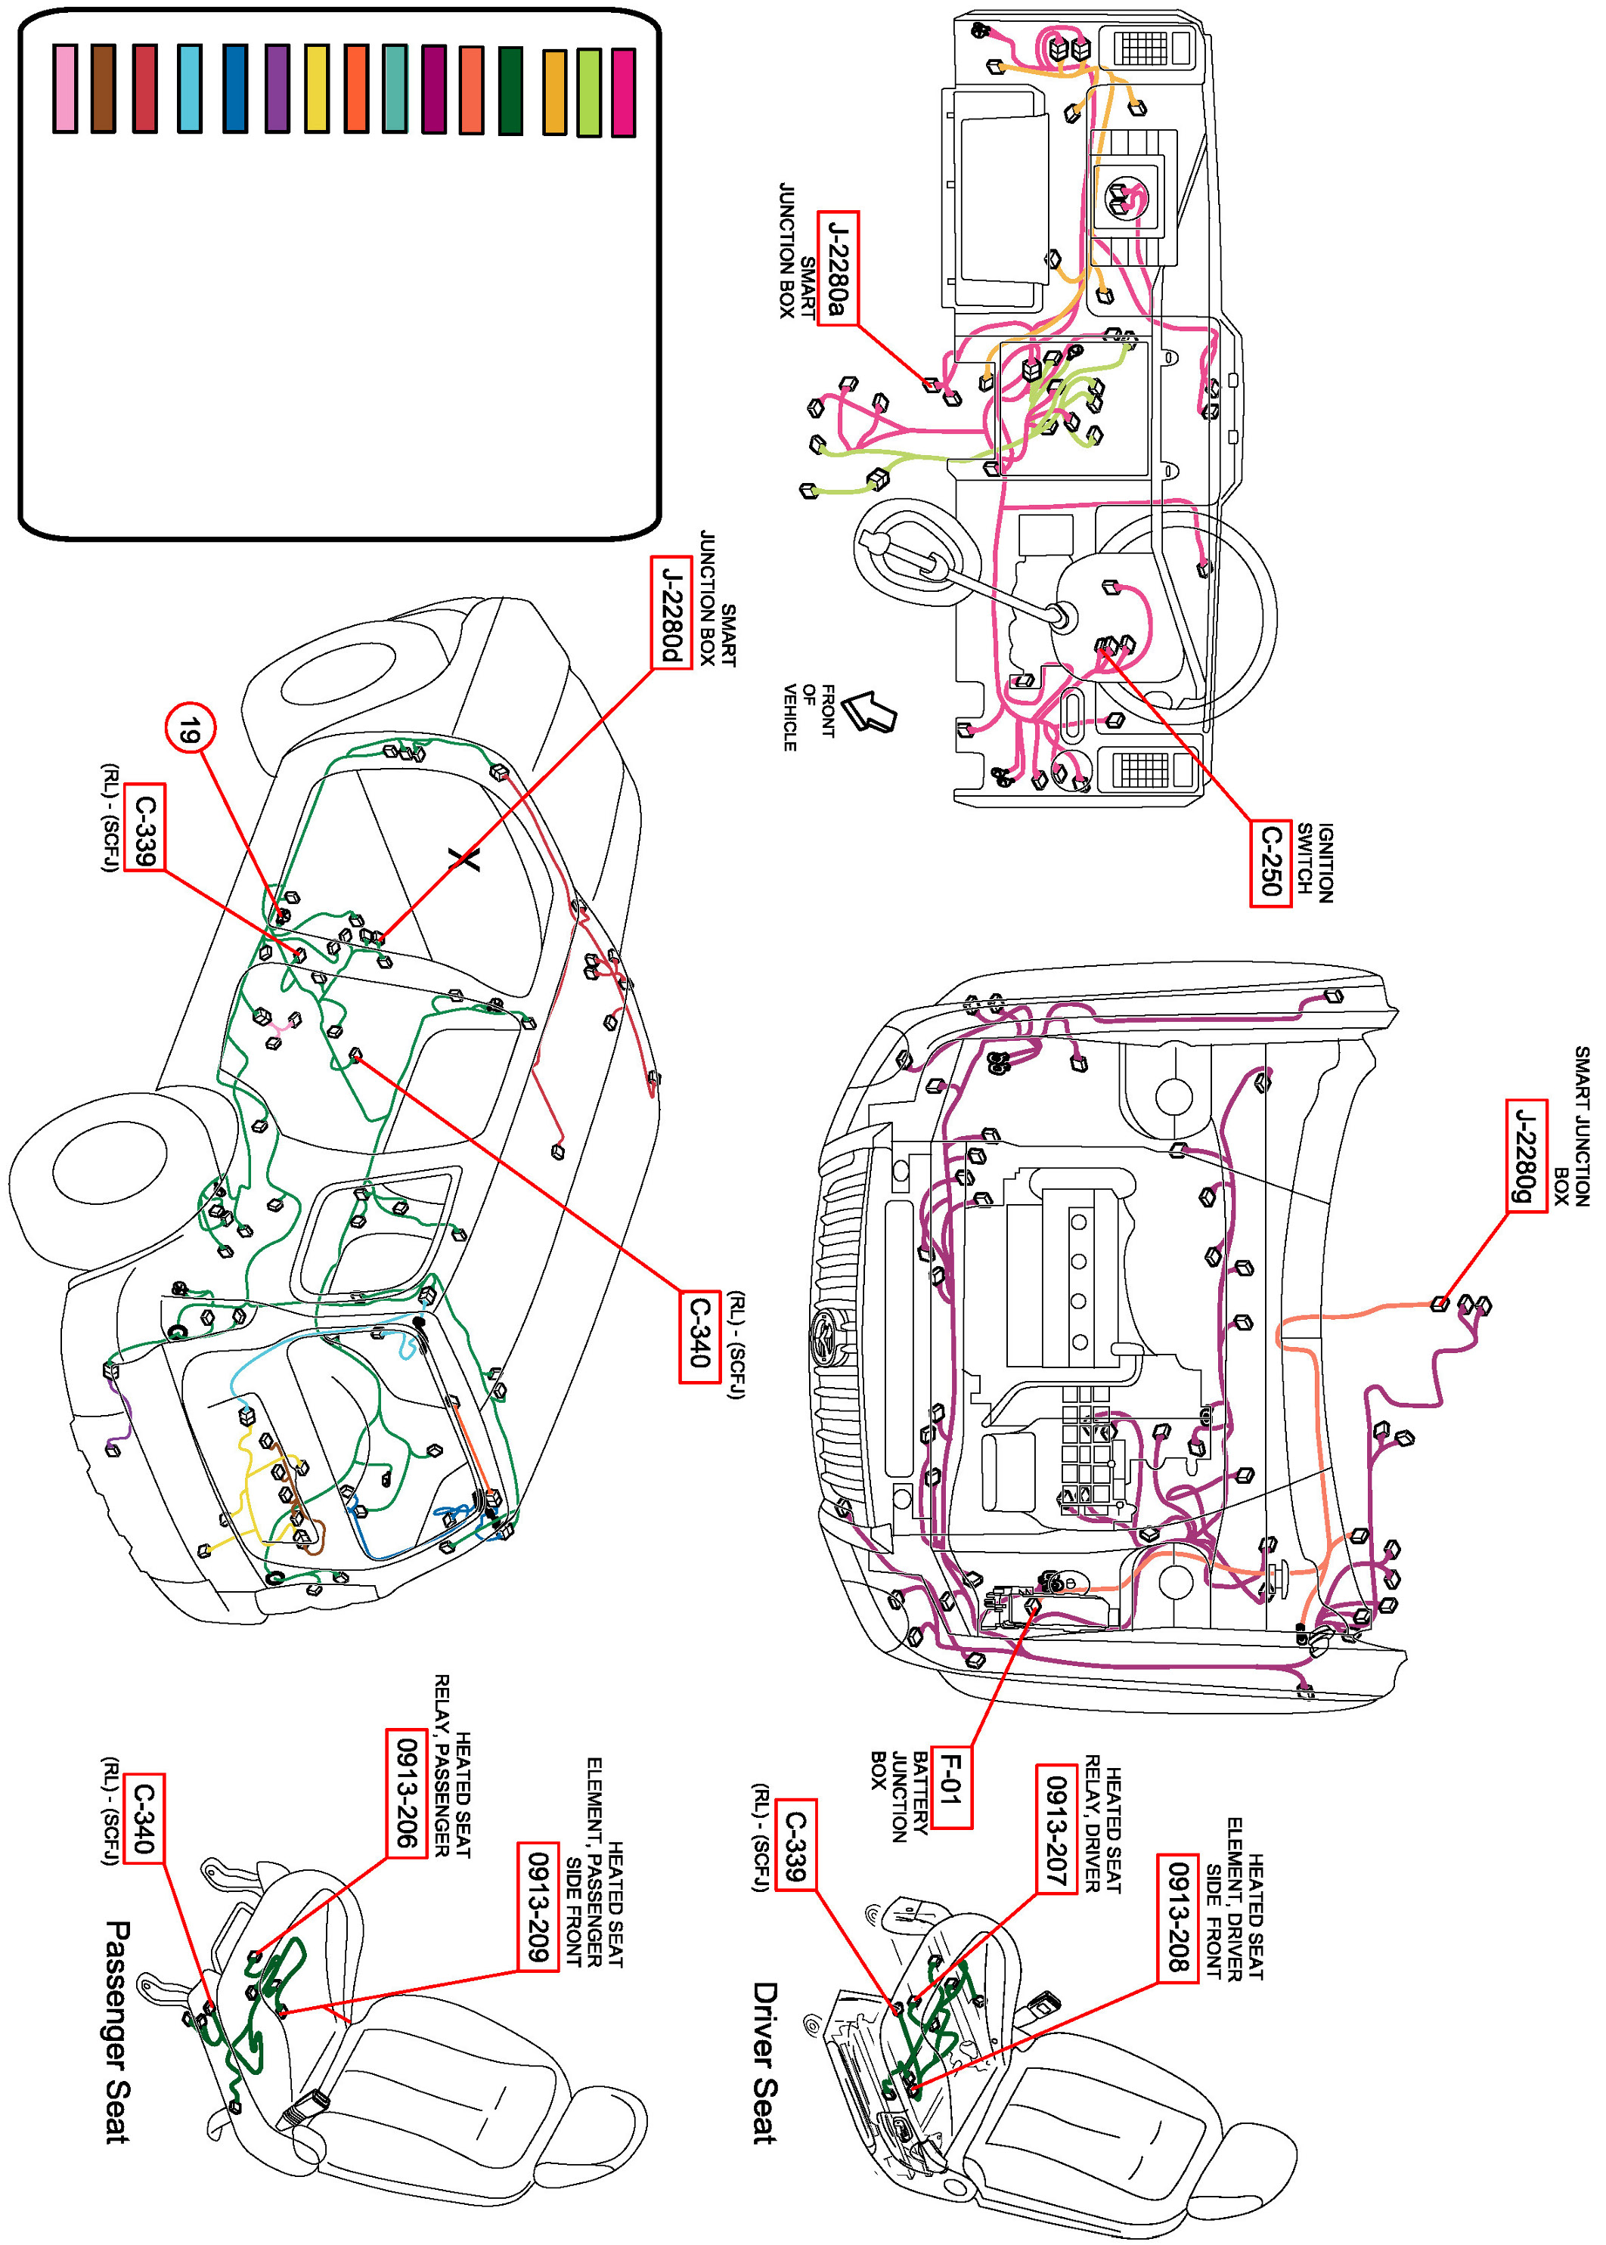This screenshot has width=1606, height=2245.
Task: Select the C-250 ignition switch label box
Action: [1270, 862]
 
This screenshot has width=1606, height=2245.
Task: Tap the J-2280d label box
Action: [671, 613]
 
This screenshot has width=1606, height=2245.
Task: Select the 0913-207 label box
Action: [1056, 1828]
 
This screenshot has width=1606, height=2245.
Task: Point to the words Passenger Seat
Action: [118, 2033]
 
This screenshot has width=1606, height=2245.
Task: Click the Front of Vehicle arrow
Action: [871, 711]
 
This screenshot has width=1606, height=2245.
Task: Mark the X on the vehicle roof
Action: [464, 858]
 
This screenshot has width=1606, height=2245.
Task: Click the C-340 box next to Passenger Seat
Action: [144, 1817]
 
